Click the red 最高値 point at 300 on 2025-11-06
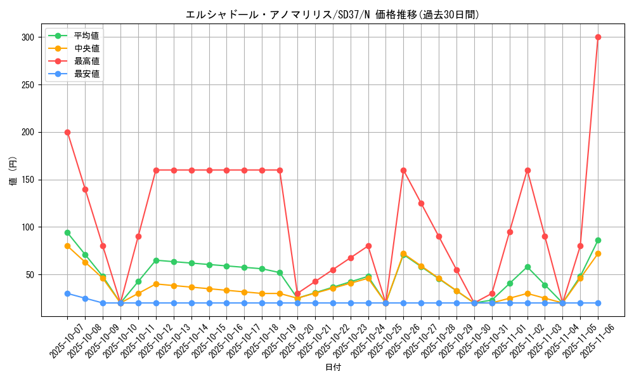click(x=598, y=37)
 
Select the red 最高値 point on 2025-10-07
click(x=67, y=132)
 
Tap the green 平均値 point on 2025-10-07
click(x=67, y=232)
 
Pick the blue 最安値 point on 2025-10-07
click(x=67, y=293)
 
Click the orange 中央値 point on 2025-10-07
click(x=67, y=246)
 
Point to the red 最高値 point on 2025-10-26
click(x=403, y=170)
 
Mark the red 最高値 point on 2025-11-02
click(x=527, y=170)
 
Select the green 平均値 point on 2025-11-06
click(x=598, y=240)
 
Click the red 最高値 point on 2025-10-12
click(x=156, y=170)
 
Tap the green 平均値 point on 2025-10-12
click(x=156, y=260)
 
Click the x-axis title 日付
click(x=333, y=368)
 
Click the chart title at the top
click(x=333, y=14)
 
